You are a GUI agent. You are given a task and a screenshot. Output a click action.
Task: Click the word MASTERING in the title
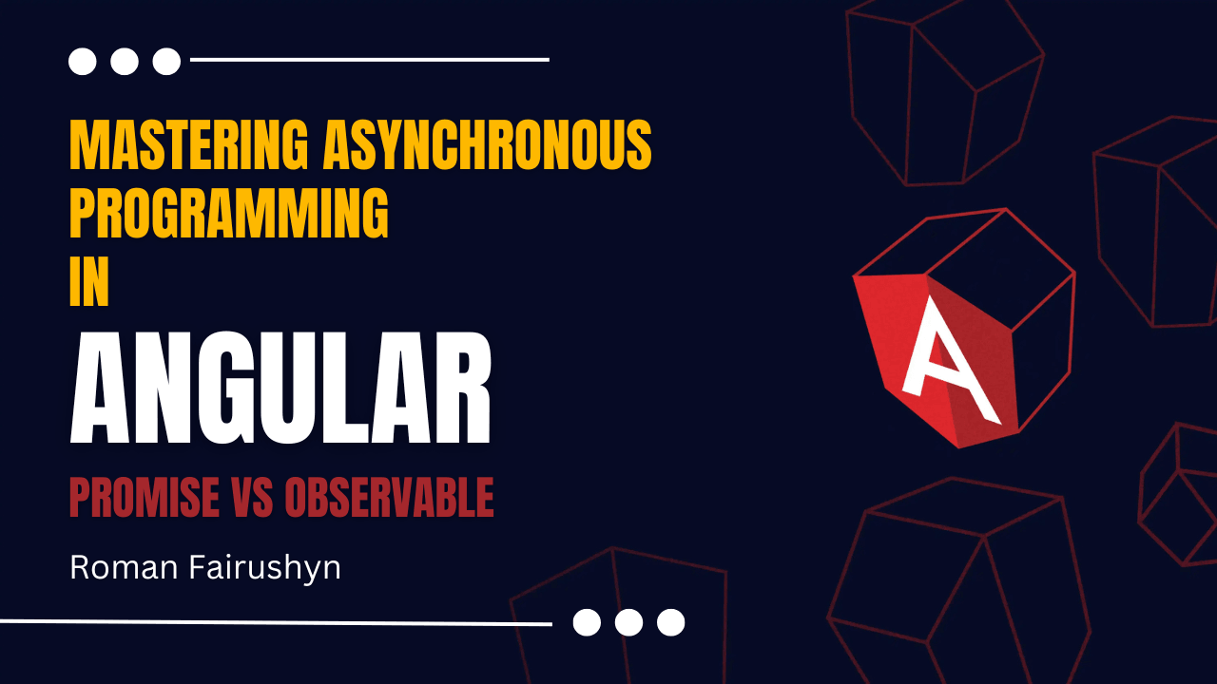tap(189, 145)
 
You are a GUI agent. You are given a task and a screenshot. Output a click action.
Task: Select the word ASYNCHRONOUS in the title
tap(488, 145)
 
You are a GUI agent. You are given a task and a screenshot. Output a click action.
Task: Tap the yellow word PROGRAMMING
tap(229, 214)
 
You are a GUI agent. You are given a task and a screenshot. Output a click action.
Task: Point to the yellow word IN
tap(89, 282)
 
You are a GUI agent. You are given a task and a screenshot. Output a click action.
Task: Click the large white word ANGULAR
tap(280, 389)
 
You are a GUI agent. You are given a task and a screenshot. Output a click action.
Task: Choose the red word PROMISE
tap(145, 497)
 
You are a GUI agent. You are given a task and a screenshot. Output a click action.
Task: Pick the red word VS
tap(252, 497)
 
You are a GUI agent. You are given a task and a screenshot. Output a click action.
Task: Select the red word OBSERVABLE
tap(389, 497)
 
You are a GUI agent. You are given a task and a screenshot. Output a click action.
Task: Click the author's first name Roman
tap(124, 568)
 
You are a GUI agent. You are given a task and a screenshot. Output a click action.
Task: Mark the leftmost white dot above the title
tap(83, 62)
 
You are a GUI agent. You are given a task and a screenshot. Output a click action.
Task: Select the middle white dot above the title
tap(125, 62)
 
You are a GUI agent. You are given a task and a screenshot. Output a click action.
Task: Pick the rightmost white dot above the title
tap(166, 62)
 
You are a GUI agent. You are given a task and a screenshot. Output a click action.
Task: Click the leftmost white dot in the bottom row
tap(587, 622)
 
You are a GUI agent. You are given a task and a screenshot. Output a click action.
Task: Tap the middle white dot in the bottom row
tap(628, 622)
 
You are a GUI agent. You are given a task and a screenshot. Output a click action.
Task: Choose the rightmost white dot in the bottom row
tap(671, 622)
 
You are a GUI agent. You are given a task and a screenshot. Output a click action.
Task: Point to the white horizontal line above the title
tap(370, 60)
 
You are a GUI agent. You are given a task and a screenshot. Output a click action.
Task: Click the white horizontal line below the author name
tap(276, 622)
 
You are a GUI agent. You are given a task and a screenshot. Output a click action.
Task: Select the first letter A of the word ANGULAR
tap(100, 389)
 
